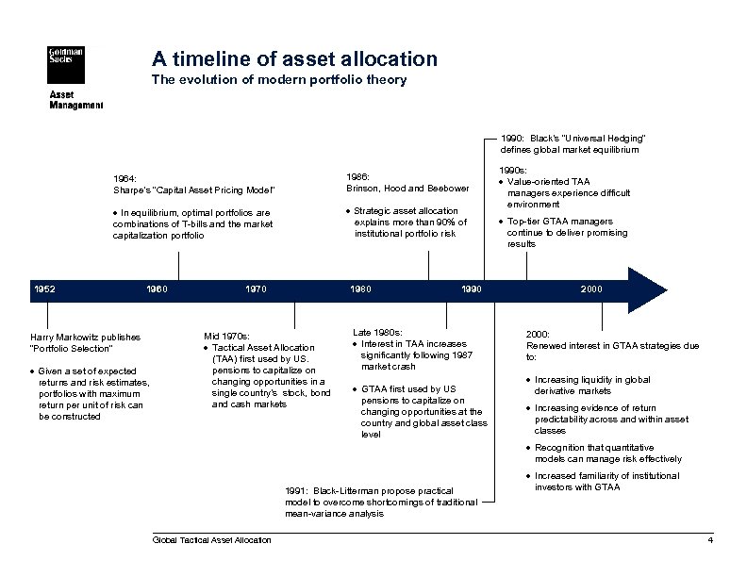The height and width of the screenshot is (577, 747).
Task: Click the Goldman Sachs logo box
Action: pos(66,66)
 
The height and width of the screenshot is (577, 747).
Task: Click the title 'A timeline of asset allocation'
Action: pos(294,58)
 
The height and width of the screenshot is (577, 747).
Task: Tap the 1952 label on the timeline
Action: pos(43,288)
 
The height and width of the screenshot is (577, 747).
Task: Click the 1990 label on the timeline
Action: pos(472,288)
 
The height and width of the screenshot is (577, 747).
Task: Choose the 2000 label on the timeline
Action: pos(591,288)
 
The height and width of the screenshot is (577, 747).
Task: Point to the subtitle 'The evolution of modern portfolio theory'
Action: pos(279,80)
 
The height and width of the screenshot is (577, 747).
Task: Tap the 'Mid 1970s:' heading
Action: pos(226,336)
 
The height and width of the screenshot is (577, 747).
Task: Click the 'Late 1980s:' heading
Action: pos(377,332)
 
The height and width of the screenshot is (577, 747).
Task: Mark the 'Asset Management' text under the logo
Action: pos(75,100)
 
